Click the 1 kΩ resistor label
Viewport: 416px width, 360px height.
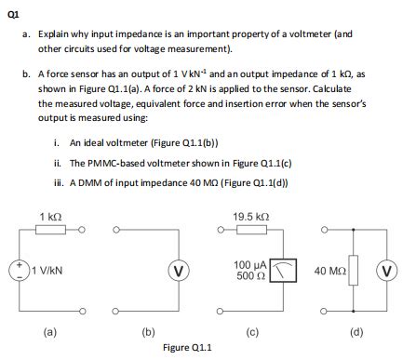pyautogui.click(x=50, y=216)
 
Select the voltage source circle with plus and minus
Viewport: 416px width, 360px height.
pyautogui.click(x=19, y=270)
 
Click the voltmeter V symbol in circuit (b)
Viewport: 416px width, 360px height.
pyautogui.click(x=176, y=271)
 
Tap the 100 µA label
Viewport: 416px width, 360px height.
pyautogui.click(x=250, y=265)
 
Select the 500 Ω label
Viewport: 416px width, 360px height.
pyautogui.click(x=249, y=276)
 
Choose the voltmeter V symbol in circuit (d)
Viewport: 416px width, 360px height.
pyautogui.click(x=394, y=271)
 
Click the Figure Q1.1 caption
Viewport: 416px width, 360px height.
pyautogui.click(x=187, y=348)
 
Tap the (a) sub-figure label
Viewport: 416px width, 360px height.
pyautogui.click(x=50, y=329)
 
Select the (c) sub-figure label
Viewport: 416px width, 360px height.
pyautogui.click(x=253, y=329)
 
